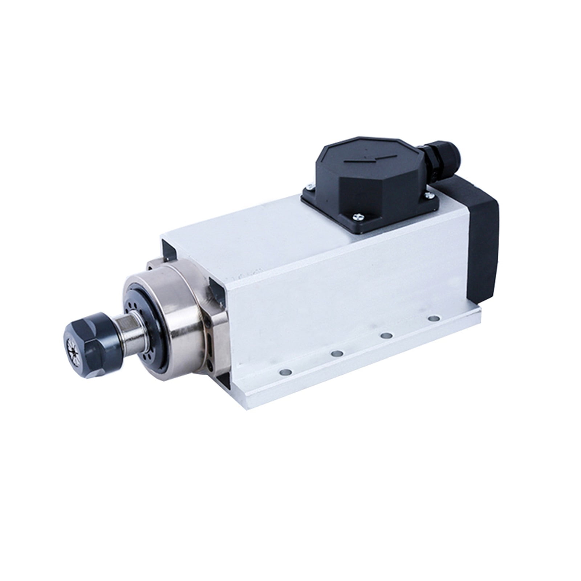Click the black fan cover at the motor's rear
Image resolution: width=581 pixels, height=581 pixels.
(x=483, y=236)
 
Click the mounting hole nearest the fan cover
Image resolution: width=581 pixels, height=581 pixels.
(x=433, y=318)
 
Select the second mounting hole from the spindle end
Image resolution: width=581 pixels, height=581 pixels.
(x=337, y=353)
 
